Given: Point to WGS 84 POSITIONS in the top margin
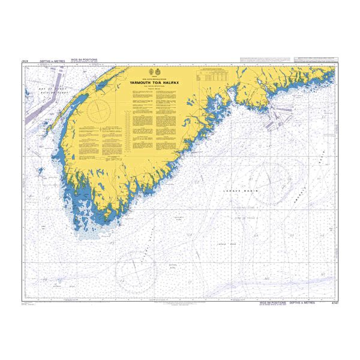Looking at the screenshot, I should pyautogui.click(x=83, y=60).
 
